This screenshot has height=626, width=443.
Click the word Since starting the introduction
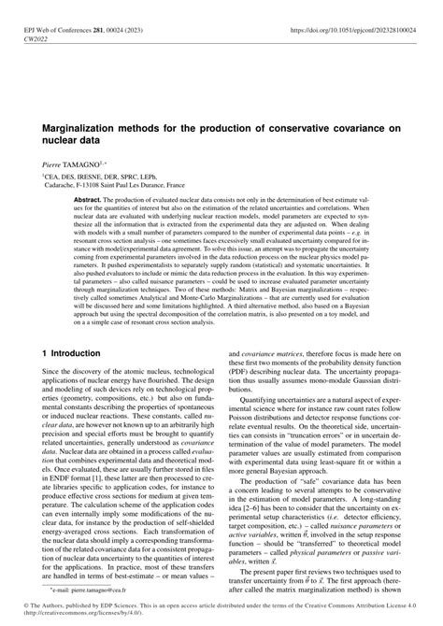tap(50, 349)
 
